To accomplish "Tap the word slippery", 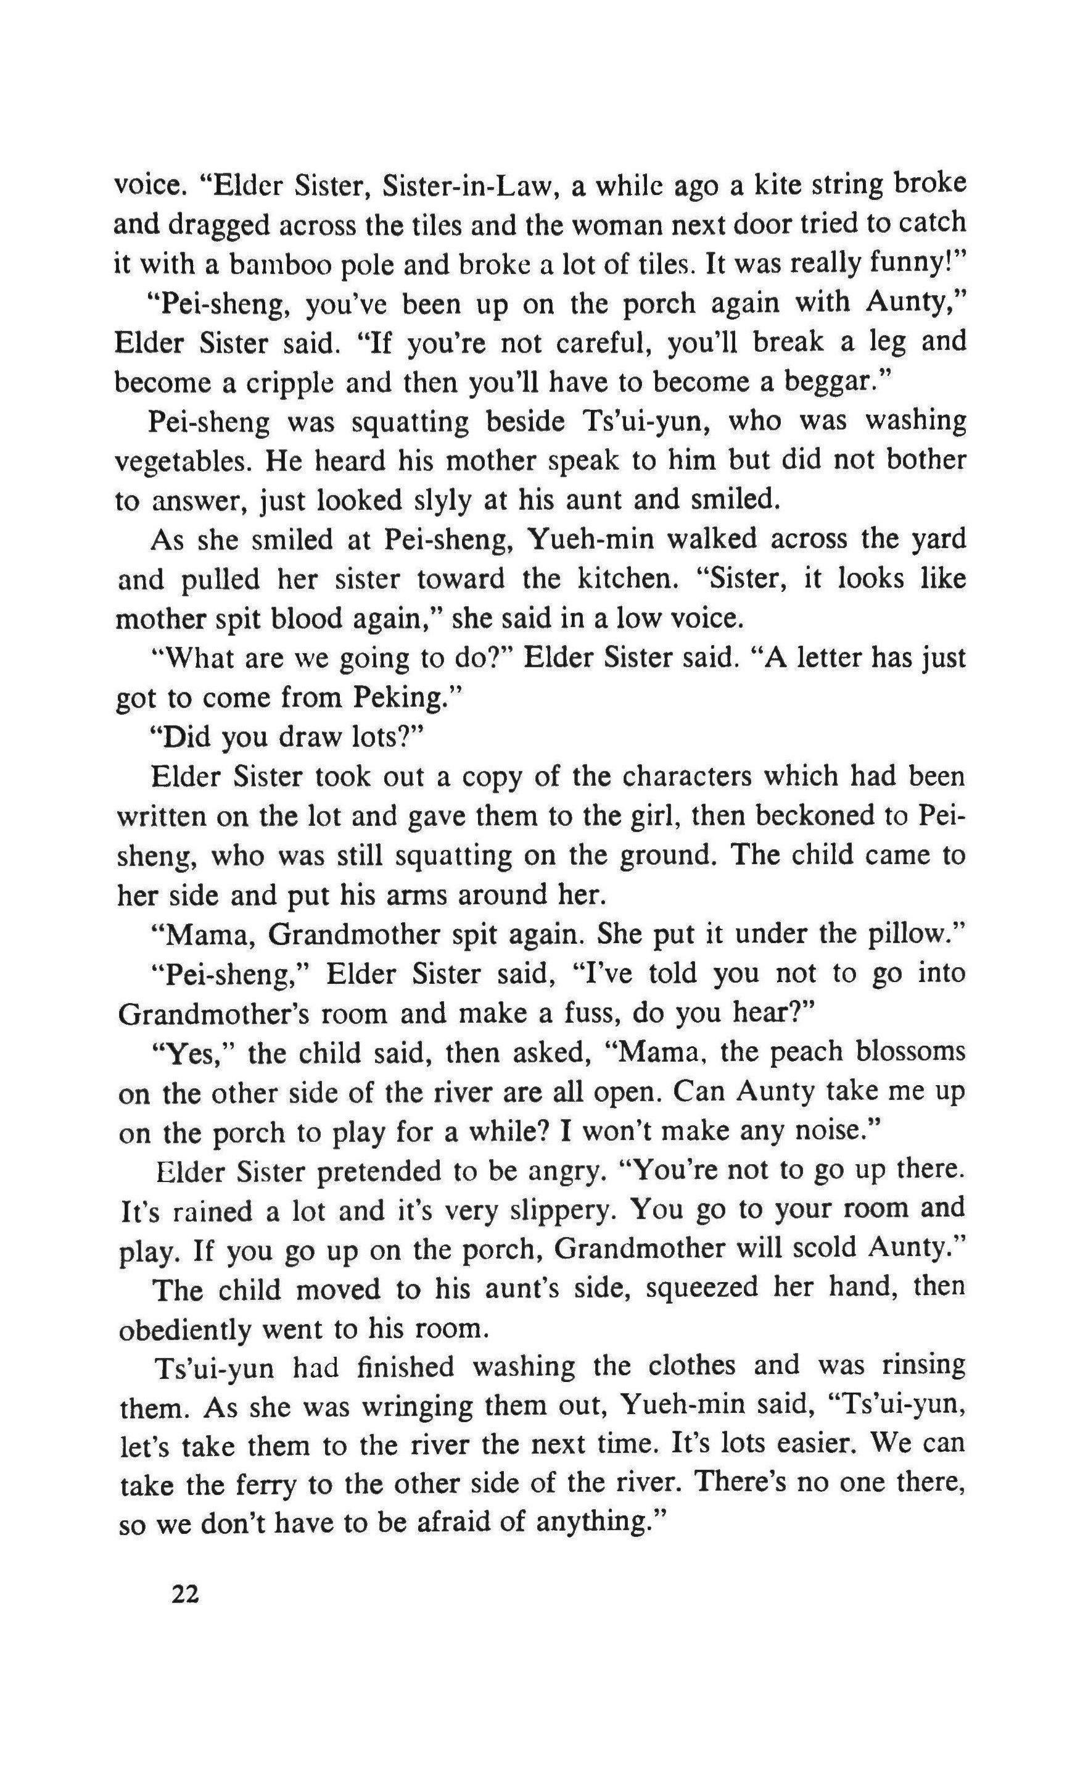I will (561, 1210).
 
